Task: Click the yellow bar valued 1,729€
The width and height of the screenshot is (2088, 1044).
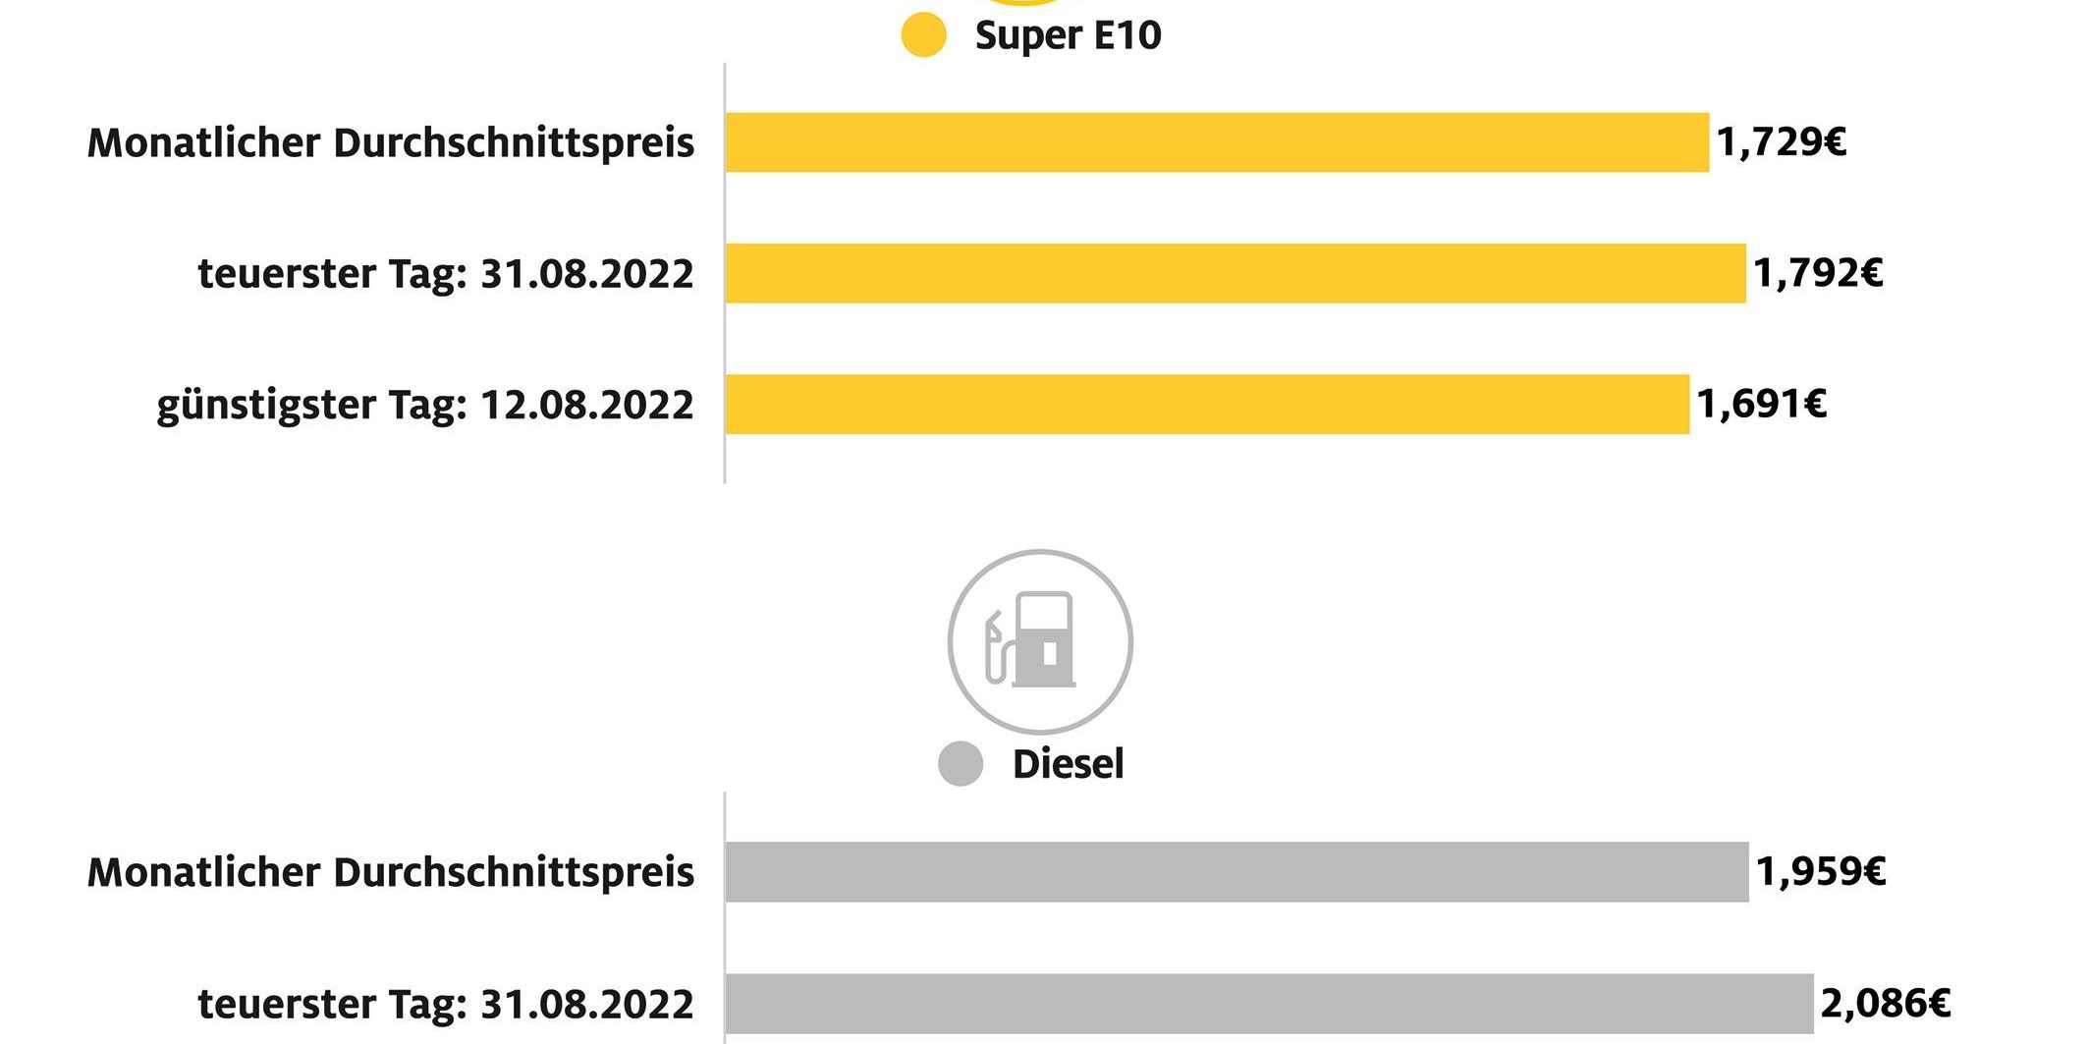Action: coord(1217,142)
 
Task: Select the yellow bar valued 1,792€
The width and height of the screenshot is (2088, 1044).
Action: coord(1236,273)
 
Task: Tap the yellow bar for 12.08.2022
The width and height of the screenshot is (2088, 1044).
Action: coord(1207,404)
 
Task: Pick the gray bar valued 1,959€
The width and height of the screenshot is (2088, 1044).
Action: coord(1236,872)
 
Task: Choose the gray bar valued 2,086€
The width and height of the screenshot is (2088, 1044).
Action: coord(1269,1003)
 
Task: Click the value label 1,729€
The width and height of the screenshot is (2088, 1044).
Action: coord(1782,142)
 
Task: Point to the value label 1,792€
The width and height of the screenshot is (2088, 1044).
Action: coord(1818,273)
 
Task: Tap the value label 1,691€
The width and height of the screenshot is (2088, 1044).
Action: coord(1762,404)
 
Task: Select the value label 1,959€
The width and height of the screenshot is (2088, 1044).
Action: coord(1821,872)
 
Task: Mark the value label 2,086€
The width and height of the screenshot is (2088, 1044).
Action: coord(1886,1003)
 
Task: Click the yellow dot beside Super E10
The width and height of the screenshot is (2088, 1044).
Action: coord(923,35)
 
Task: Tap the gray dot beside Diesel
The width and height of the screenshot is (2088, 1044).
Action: coord(961,764)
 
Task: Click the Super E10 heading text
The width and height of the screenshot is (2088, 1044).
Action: coord(1068,35)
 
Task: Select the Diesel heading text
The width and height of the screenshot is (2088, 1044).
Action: coord(1068,764)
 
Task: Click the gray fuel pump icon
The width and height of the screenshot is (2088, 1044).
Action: coord(1039,641)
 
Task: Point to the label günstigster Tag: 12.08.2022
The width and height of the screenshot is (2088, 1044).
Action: coord(425,405)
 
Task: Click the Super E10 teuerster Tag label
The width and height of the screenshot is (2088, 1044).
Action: coord(446,273)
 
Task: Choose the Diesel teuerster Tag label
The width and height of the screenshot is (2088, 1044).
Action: coord(446,1004)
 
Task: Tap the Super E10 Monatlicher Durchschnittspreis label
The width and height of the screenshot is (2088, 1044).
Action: coord(391,143)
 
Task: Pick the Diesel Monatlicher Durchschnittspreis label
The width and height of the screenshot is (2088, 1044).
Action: coord(391,872)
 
